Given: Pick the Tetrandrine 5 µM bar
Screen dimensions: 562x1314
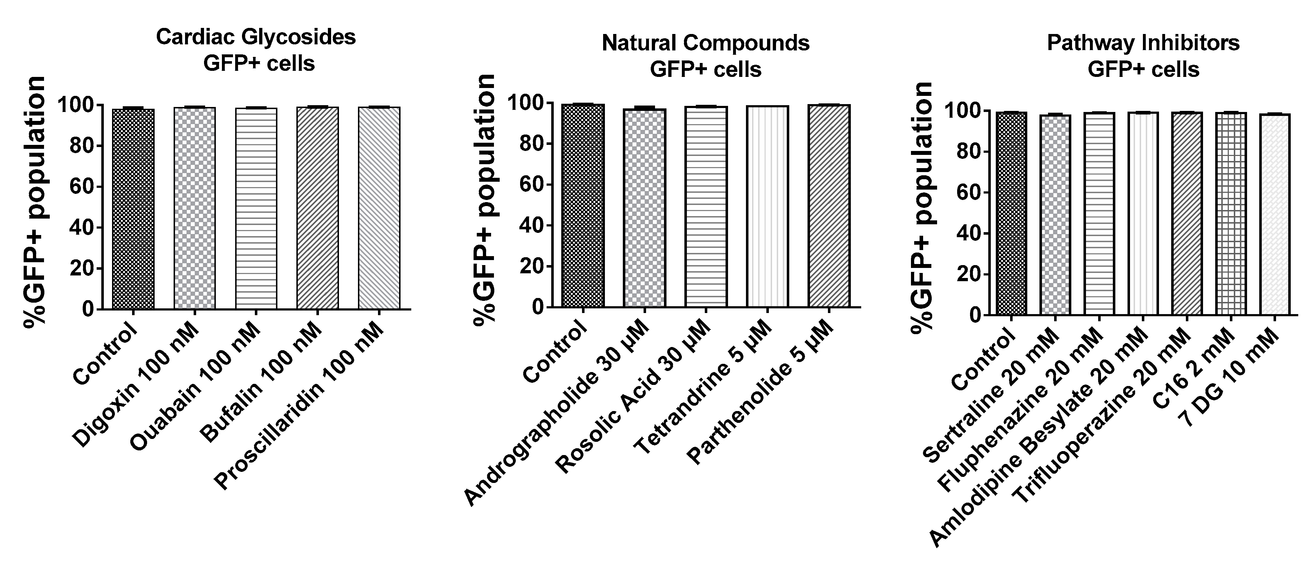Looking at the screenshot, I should coord(767,206).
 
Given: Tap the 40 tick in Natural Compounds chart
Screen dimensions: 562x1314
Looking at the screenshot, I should coord(532,225).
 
